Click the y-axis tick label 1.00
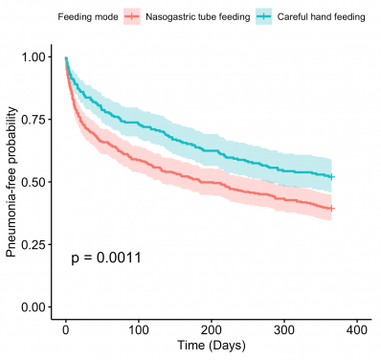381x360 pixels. (x=34, y=57)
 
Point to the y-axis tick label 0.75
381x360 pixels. (x=34, y=120)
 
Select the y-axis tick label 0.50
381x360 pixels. (x=34, y=182)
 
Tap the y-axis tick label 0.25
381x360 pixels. (x=34, y=244)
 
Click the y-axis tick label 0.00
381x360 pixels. (x=34, y=306)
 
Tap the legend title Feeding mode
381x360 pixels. (x=59, y=17)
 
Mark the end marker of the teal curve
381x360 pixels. (x=331, y=177)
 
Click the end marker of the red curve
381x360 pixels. (x=331, y=208)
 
